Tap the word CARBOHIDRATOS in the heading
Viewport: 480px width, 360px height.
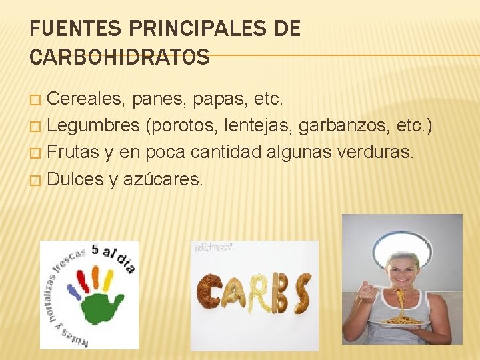[120, 57]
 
